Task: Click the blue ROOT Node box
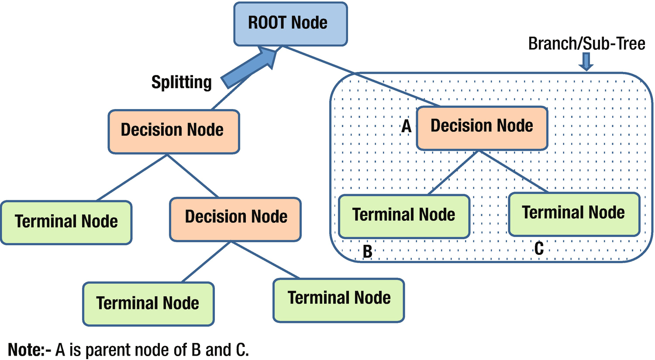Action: tap(290, 24)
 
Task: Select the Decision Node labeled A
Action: tap(482, 128)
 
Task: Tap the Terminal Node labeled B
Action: tap(404, 216)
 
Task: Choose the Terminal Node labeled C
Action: tap(574, 214)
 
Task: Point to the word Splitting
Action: tap(181, 82)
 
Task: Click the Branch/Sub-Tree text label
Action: tap(586, 44)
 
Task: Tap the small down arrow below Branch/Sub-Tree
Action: tap(586, 62)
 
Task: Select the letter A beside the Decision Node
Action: tap(407, 127)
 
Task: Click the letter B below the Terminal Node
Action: tap(368, 252)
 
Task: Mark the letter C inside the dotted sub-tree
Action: tap(539, 249)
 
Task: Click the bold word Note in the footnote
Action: tap(27, 350)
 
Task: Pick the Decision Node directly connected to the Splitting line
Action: tap(173, 131)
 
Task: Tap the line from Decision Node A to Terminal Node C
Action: tap(513, 171)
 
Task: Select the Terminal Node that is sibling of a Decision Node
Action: tap(66, 223)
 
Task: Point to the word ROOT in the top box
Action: tap(267, 23)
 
